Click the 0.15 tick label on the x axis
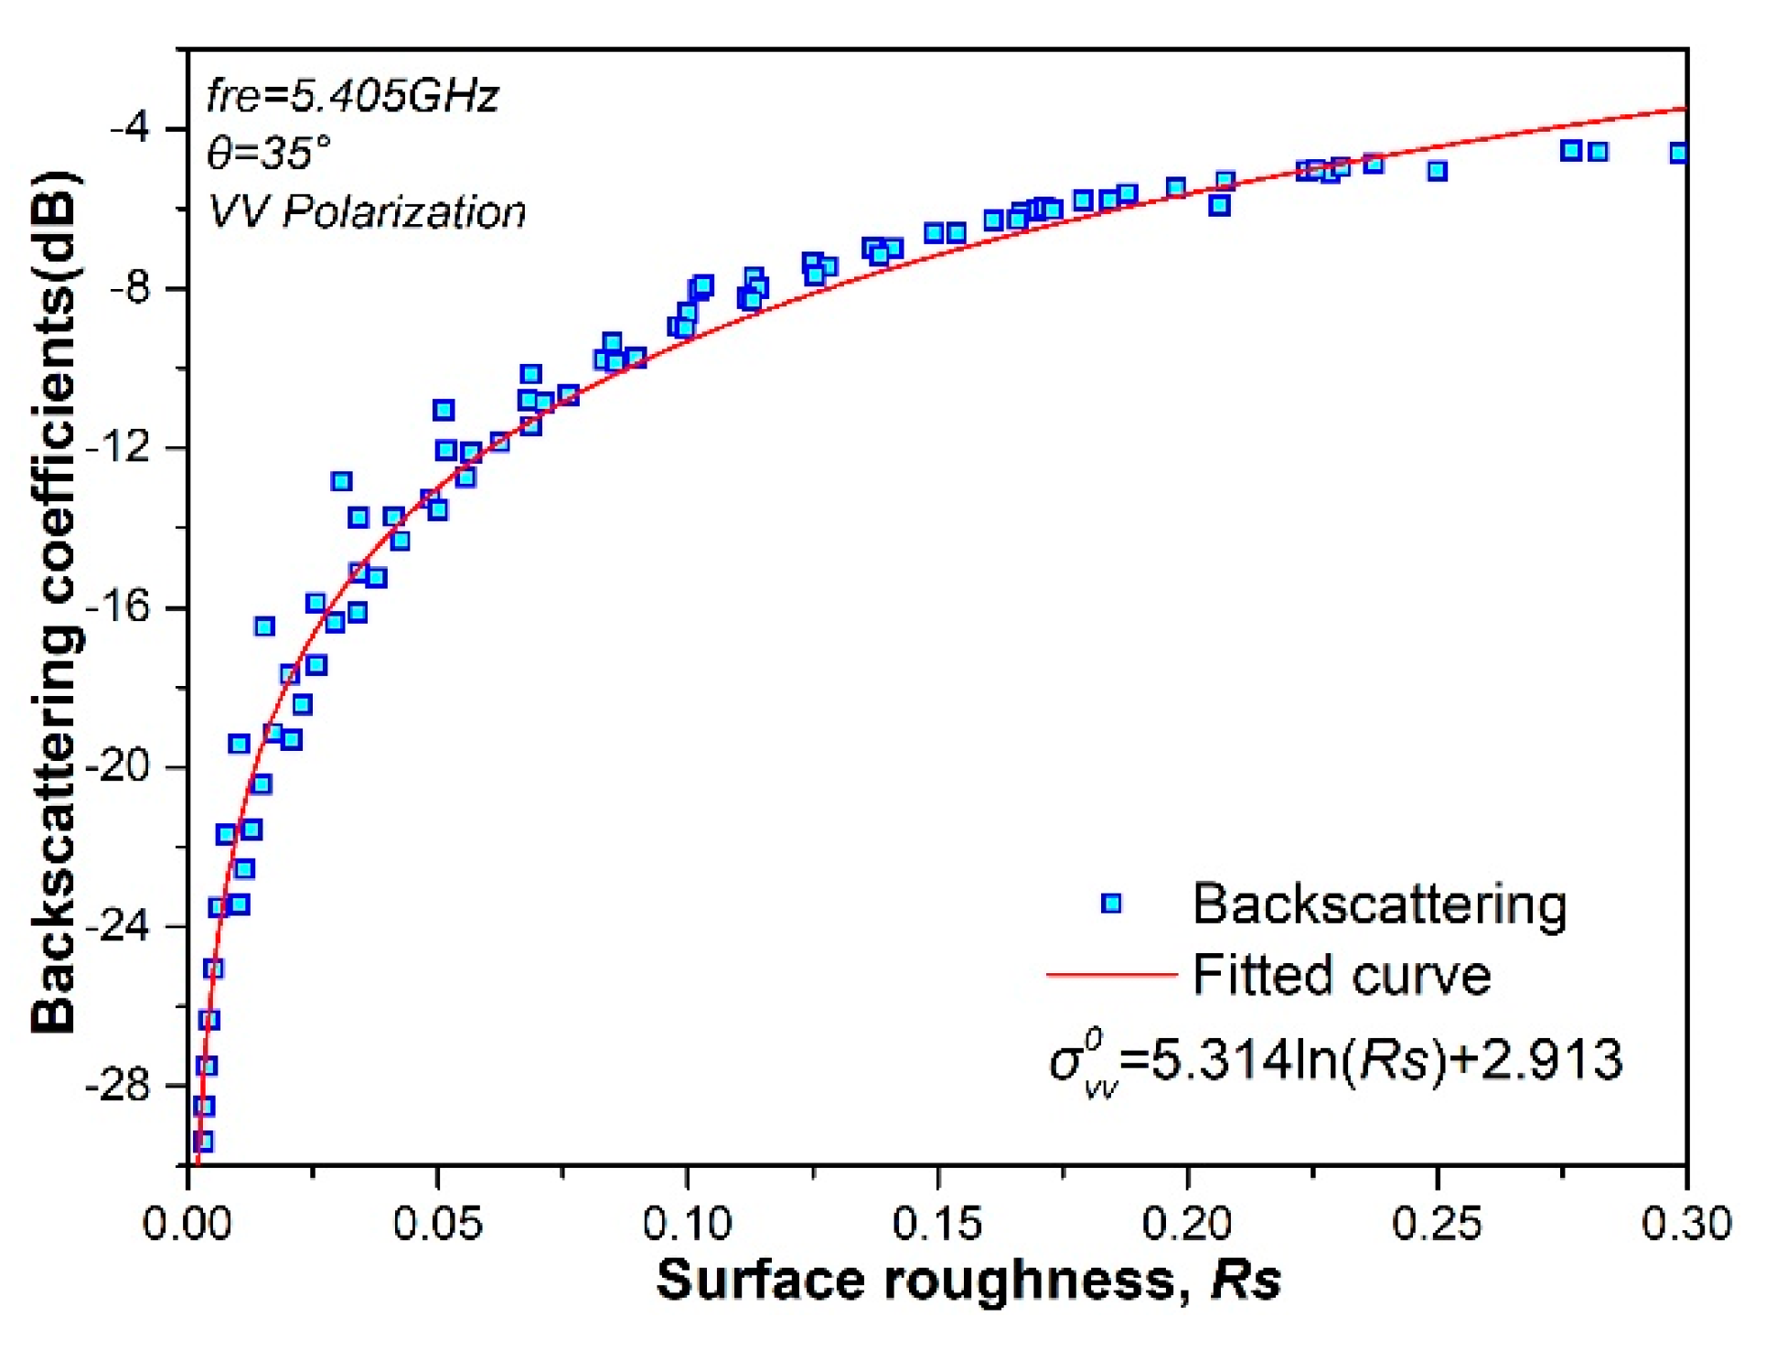(936, 1224)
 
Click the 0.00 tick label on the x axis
(187, 1224)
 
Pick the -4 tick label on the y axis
(131, 128)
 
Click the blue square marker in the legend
(1111, 904)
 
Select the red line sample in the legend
(1111, 975)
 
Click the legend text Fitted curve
(1342, 975)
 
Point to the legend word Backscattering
(1379, 904)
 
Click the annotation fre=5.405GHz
(353, 96)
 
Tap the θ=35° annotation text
(269, 153)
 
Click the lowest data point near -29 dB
(203, 1141)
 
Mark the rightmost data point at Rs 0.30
(1679, 153)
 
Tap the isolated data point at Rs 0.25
(1437, 171)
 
